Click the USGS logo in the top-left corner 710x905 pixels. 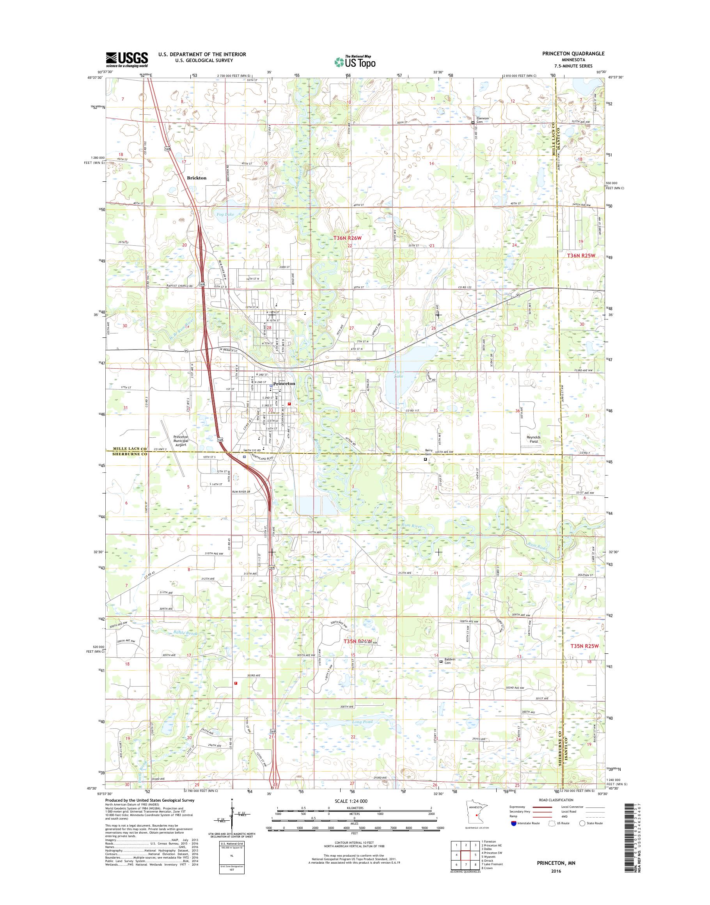pos(127,59)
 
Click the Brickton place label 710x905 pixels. pos(197,177)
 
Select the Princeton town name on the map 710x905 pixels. pos(284,384)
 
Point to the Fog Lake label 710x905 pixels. pos(225,215)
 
